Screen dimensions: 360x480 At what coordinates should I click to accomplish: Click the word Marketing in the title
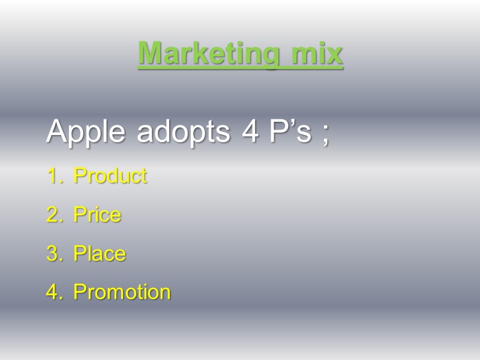(x=208, y=54)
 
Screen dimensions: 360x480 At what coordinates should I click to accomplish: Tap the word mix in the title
(x=317, y=53)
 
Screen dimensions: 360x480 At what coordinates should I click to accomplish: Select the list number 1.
(x=53, y=176)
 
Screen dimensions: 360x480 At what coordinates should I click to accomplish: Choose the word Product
(x=110, y=176)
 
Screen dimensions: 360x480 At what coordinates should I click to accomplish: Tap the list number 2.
(x=53, y=215)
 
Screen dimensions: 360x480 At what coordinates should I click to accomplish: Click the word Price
(x=97, y=215)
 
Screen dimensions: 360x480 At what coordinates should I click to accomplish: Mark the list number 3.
(x=53, y=254)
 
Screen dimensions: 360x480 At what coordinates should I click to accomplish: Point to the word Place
(x=100, y=254)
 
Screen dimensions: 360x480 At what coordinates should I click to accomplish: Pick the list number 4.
(x=53, y=292)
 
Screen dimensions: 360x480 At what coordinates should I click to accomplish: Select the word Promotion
(x=122, y=292)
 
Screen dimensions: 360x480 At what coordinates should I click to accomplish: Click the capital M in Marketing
(x=149, y=53)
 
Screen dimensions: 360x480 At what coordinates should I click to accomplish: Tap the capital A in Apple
(x=57, y=131)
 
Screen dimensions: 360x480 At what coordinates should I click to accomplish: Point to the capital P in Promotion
(x=79, y=292)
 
